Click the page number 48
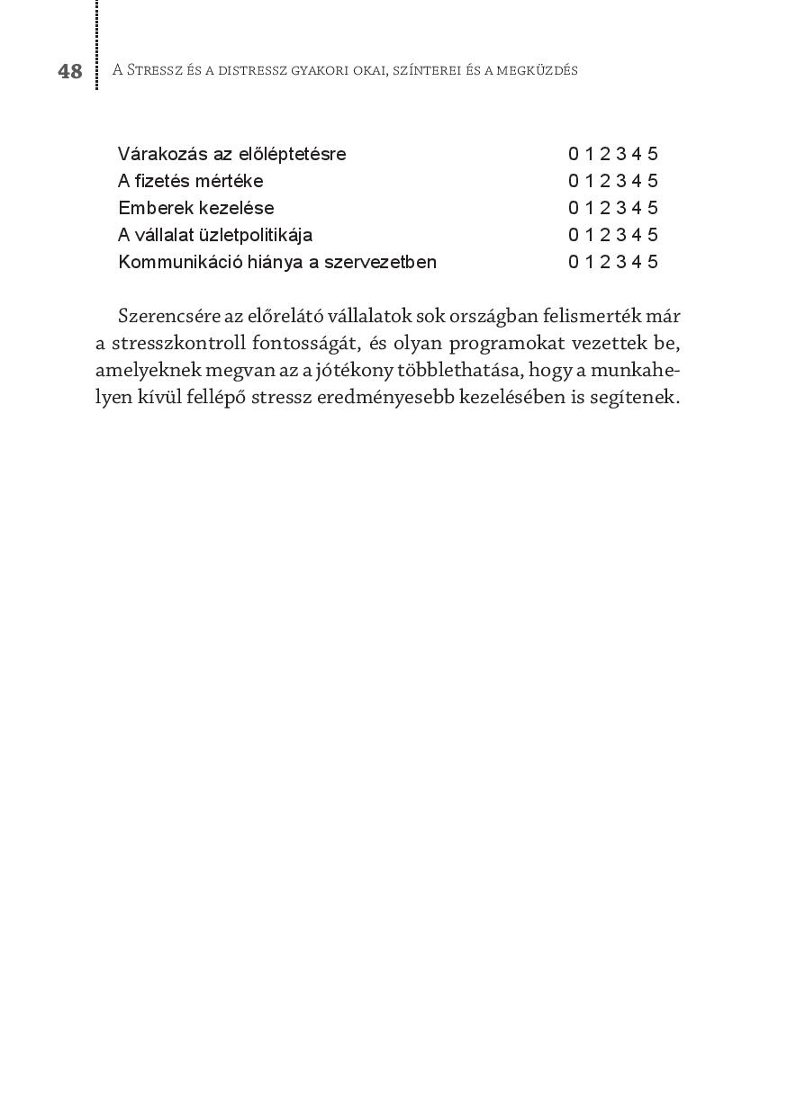pos(70,71)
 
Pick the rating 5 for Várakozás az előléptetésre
pos(653,154)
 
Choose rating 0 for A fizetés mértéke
pos(574,181)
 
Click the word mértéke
pos(229,181)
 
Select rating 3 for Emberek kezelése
pos(621,208)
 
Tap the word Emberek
pos(154,208)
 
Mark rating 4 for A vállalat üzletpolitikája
pos(637,235)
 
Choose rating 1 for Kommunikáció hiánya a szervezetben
pos(590,262)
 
